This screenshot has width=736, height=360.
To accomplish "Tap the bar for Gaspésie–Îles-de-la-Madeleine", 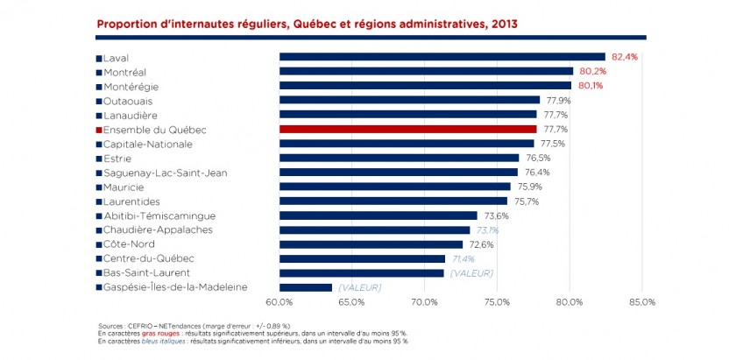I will tap(306, 287).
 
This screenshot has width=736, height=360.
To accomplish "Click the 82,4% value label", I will tap(625, 57).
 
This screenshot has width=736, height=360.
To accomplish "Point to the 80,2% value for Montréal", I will tap(592, 71).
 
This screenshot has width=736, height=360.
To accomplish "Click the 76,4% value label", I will tap(537, 173).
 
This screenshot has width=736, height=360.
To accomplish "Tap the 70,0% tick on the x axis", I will tap(424, 302).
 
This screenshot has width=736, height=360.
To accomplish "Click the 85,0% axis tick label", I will tap(642, 302).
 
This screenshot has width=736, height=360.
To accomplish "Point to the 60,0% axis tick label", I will tap(280, 302).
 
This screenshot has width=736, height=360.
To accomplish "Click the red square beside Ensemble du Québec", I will tap(98, 130).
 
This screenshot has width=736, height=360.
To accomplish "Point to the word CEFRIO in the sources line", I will tap(139, 327).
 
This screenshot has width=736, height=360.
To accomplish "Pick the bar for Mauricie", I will tap(394, 187).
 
